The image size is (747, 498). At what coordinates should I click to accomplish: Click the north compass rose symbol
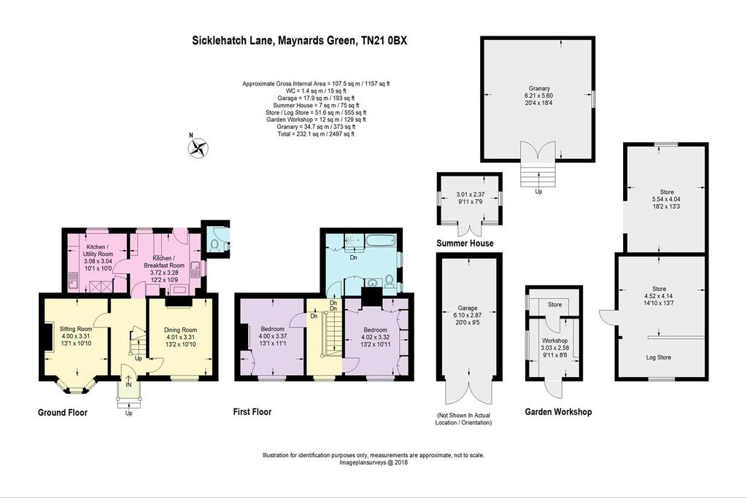click(x=198, y=147)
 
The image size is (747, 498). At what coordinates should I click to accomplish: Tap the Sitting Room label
click(x=76, y=329)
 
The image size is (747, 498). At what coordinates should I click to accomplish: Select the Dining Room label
click(x=181, y=330)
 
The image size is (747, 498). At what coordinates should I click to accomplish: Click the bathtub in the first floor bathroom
click(x=380, y=241)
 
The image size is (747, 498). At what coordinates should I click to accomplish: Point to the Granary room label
click(x=539, y=88)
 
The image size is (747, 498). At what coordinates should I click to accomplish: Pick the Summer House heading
click(x=465, y=244)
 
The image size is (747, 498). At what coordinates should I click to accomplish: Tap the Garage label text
click(x=468, y=308)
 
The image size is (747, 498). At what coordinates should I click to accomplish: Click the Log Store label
click(x=659, y=357)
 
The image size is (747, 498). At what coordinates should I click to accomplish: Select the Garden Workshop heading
click(x=558, y=412)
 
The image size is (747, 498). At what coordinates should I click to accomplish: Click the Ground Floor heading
click(x=63, y=412)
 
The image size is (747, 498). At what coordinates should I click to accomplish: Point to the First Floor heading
click(x=252, y=412)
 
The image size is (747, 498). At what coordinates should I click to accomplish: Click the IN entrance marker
click(x=128, y=384)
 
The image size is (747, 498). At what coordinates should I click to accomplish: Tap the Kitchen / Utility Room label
click(x=98, y=250)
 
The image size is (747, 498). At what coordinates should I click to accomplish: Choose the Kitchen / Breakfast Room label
click(x=164, y=262)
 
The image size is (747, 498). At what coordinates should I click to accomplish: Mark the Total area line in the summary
click(x=316, y=134)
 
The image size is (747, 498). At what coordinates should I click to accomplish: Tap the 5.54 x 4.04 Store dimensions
click(x=667, y=200)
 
